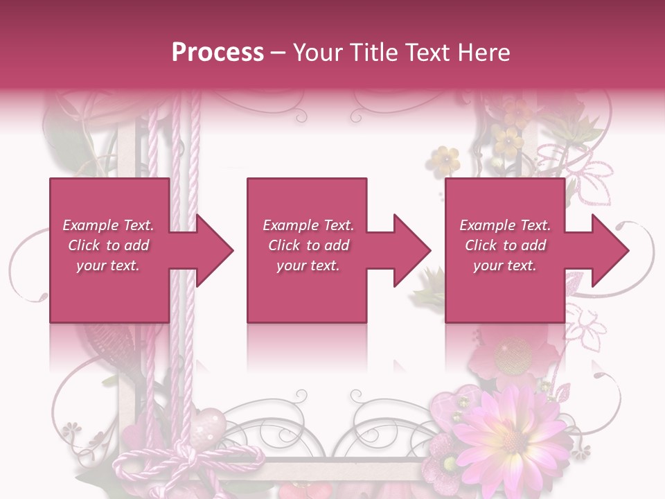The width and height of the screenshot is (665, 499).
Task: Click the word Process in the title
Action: point(218,53)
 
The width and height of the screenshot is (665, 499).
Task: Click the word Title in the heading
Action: point(372,53)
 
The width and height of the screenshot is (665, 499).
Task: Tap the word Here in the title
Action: point(485,53)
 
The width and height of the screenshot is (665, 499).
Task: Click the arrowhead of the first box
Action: point(215,250)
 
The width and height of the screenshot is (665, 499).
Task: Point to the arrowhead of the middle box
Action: point(412,250)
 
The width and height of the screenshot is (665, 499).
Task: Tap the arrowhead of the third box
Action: point(610,250)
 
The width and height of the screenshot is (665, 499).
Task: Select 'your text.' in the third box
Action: point(504,265)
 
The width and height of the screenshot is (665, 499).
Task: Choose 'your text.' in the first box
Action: point(107,265)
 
